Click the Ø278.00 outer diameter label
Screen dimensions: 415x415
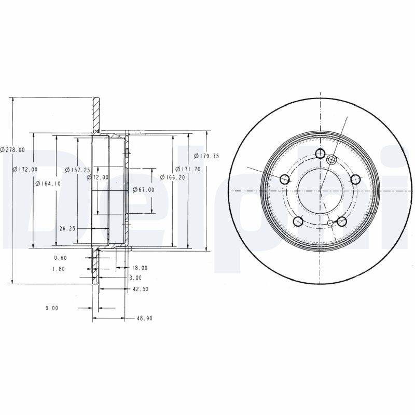(x=13, y=149)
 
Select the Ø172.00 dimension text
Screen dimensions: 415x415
(x=25, y=170)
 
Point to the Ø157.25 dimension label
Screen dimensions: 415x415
(x=78, y=170)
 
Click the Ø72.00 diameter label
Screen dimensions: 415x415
(x=98, y=177)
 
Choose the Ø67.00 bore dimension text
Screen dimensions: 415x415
(x=144, y=190)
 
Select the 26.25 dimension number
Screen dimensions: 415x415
(x=68, y=228)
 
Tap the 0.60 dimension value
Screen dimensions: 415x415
(x=61, y=258)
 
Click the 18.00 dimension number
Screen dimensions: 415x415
(x=140, y=268)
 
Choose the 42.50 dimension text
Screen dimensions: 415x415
(x=140, y=289)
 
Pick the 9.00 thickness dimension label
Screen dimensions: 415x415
(x=52, y=308)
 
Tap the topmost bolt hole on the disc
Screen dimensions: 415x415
(x=320, y=154)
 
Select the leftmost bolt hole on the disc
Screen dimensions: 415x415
(x=285, y=179)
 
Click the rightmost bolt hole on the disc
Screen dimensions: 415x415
(x=355, y=179)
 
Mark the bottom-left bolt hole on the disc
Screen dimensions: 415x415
(x=298, y=222)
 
